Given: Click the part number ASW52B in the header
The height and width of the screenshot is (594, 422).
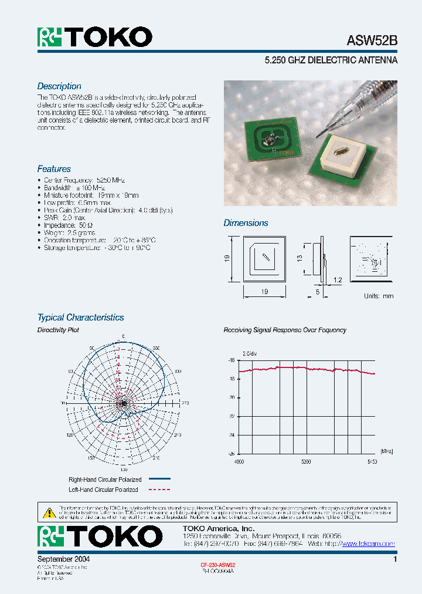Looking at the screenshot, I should point(372,41).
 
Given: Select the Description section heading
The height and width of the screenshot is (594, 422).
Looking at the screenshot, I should point(59,86).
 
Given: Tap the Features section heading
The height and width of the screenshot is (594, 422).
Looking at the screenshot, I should point(54,169).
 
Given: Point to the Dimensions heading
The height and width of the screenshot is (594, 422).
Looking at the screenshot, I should point(246,223).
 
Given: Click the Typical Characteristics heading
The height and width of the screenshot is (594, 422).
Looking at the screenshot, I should point(80,318).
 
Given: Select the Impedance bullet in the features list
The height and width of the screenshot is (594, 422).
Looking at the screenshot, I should point(68,225).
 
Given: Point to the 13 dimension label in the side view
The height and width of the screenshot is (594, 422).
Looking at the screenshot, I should point(299,258).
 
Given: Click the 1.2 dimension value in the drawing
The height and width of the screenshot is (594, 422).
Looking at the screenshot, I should point(337,280).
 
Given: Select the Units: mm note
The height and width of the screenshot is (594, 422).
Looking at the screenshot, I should point(379,296).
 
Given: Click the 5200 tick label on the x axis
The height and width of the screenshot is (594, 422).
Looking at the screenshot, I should point(305,462).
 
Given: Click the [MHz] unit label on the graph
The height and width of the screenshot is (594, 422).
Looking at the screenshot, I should point(370,451).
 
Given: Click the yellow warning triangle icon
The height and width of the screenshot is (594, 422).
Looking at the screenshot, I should point(49,511).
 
